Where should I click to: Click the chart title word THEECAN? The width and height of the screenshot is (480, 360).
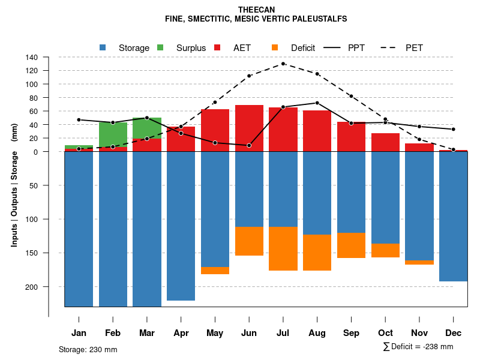(x=256, y=10)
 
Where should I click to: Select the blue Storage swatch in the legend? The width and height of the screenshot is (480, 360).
(x=103, y=47)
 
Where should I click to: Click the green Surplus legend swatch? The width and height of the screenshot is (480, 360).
(x=160, y=47)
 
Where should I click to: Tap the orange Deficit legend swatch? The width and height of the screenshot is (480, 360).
(x=275, y=47)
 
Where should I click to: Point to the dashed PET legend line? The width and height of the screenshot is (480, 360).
(x=389, y=47)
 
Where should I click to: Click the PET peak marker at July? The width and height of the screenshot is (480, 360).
(x=283, y=64)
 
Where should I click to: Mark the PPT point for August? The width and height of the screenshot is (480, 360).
(x=317, y=103)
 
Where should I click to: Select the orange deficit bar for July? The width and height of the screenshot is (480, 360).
(x=283, y=248)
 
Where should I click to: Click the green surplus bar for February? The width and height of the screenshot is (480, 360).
(x=113, y=133)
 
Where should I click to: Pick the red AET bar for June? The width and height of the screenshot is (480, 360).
(x=249, y=128)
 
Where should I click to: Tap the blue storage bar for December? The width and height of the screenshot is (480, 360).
(x=453, y=216)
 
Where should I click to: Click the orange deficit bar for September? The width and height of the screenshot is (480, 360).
(x=351, y=245)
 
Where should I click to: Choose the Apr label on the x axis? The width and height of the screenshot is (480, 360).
(x=181, y=333)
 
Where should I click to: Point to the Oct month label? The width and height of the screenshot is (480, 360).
(x=386, y=333)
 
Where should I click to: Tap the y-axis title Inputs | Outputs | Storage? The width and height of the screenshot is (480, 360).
(x=14, y=184)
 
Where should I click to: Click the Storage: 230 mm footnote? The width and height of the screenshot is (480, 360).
(x=88, y=349)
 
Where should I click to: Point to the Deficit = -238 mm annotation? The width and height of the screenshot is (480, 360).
(x=418, y=346)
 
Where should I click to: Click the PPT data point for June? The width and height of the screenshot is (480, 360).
(x=249, y=145)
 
